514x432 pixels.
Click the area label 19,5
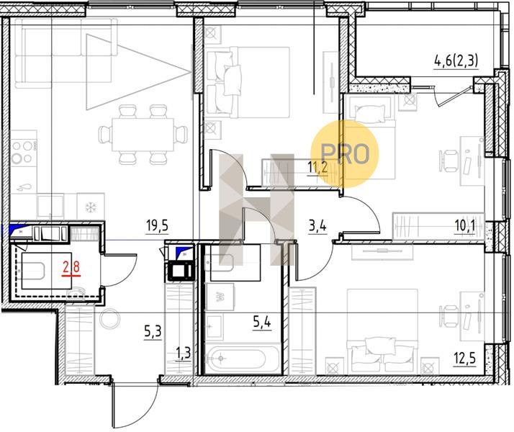click(x=158, y=226)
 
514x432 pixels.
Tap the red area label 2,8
click(x=71, y=267)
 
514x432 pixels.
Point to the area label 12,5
click(x=465, y=359)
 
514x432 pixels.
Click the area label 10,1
click(x=465, y=225)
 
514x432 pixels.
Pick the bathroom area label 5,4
click(x=262, y=323)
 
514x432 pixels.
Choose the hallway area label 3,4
click(x=317, y=226)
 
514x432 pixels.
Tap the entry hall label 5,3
click(x=153, y=332)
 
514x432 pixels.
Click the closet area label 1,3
click(x=184, y=354)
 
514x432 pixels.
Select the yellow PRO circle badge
click(x=345, y=154)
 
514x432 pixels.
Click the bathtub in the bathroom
click(x=243, y=359)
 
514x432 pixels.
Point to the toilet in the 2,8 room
click(x=32, y=271)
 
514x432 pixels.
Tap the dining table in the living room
click(x=143, y=135)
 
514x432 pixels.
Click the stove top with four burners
click(x=23, y=151)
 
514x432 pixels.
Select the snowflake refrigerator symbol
click(x=91, y=207)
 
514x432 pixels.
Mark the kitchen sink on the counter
click(x=50, y=206)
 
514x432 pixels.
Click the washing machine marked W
click(x=220, y=297)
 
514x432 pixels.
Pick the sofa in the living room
click(x=66, y=53)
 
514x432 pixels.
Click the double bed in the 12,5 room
click(x=382, y=332)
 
